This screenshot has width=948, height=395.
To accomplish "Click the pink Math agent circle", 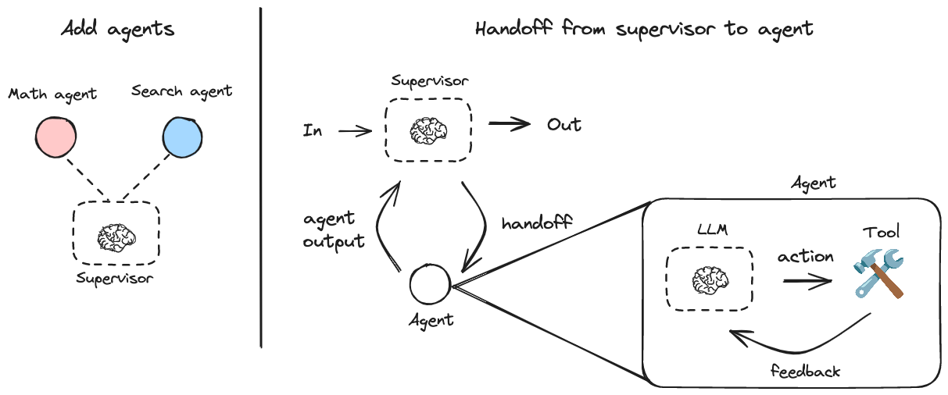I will pos(55,137).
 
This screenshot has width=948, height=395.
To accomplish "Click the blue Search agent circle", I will pos(181,137).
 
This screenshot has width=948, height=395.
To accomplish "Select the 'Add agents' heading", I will pos(118,30).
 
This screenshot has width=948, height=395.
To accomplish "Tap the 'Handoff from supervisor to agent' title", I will pos(644,30).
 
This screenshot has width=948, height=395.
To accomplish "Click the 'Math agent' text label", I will pos(52,94).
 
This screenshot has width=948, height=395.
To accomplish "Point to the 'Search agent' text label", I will pos(181,91).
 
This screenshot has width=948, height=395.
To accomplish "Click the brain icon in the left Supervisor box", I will pos(116,235).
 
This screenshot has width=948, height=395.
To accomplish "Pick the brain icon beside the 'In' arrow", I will pos(427,130).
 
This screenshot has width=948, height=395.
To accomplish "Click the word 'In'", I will pos(313,130).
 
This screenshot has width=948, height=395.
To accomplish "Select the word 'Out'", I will pos(563,126).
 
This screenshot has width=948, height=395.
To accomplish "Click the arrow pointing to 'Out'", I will pos(509,126).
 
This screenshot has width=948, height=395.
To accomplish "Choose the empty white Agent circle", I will pos(430,285).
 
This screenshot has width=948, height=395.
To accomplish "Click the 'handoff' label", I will pos(537,222).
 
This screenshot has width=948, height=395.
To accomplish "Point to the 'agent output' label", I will pos(333,230).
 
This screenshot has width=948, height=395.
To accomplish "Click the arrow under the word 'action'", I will pos(807,281).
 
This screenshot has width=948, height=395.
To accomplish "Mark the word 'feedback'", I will pos(805,371).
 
